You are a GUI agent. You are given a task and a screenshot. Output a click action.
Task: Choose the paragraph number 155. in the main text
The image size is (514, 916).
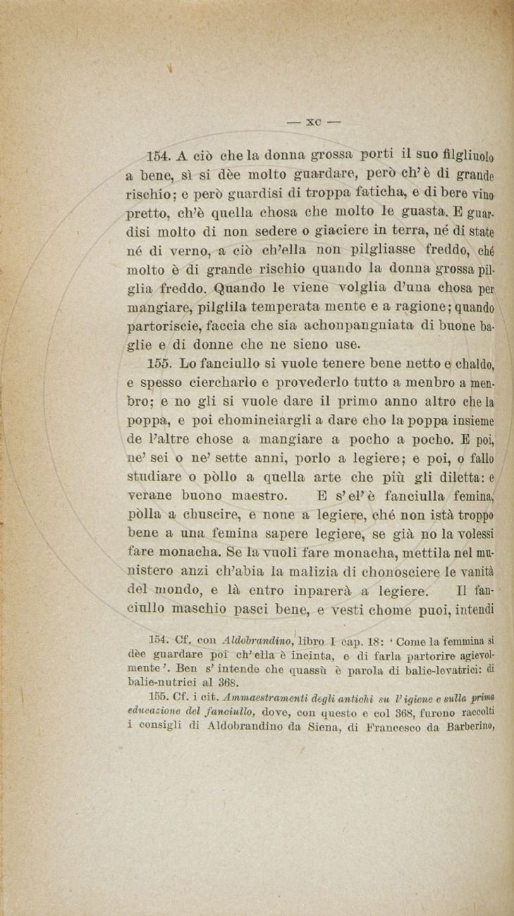[161, 364]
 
